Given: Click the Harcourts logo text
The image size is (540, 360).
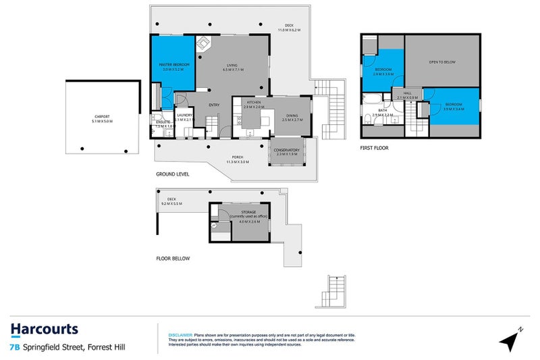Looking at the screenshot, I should [x=44, y=330].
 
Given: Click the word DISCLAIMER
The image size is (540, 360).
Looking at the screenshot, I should [x=180, y=334].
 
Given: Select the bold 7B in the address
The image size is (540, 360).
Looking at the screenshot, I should [x=14, y=348].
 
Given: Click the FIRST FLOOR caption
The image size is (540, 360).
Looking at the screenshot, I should [x=374, y=147].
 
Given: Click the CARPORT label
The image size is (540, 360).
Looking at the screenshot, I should [x=102, y=117].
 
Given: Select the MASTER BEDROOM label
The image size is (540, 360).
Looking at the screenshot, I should [x=174, y=65].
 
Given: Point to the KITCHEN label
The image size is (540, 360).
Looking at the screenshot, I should [x=244, y=102].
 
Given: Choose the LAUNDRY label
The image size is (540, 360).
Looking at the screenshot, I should [x=185, y=115].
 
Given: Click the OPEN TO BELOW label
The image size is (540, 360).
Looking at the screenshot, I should [x=442, y=62].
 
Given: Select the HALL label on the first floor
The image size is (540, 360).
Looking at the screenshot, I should [x=407, y=93].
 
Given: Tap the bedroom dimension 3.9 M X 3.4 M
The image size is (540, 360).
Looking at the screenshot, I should [x=453, y=109].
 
